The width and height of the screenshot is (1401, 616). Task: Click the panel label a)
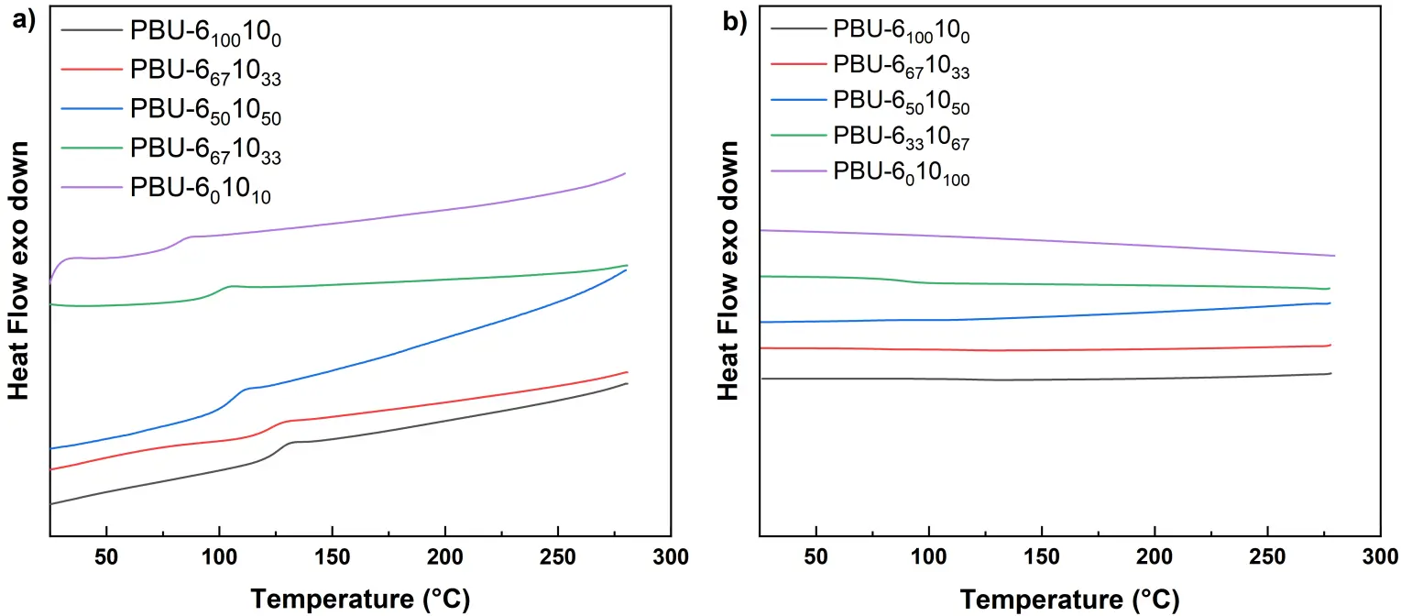click(x=20, y=21)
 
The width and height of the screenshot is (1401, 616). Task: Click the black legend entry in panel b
click(x=870, y=31)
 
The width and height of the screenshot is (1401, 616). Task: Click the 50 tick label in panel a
click(x=107, y=557)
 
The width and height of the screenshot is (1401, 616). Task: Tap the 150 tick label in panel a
click(x=332, y=557)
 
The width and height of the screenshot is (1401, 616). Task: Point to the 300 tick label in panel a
click(x=670, y=557)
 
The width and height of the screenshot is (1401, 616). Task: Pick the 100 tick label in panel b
click(x=929, y=557)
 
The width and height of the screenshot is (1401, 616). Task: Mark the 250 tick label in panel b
click(x=1267, y=557)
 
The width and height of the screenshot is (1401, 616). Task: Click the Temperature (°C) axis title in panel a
click(x=360, y=599)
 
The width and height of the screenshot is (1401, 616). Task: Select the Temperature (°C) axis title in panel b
click(x=1069, y=599)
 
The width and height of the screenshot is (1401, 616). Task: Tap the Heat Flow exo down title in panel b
click(x=729, y=270)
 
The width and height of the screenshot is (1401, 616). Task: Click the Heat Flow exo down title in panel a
click(x=18, y=270)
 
